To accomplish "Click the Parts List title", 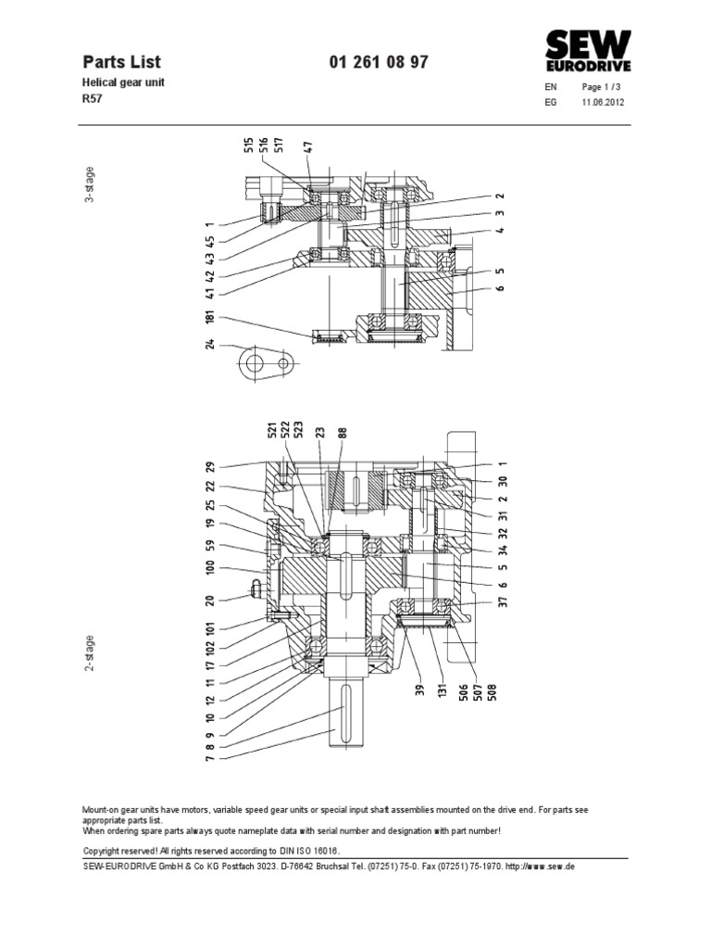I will [x=121, y=62].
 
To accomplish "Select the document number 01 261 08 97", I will [x=379, y=62].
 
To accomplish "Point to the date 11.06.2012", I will [x=603, y=103].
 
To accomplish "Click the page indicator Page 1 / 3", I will [x=603, y=87].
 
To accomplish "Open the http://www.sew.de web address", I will [x=532, y=865].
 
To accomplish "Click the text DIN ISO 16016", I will [x=307, y=850].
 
